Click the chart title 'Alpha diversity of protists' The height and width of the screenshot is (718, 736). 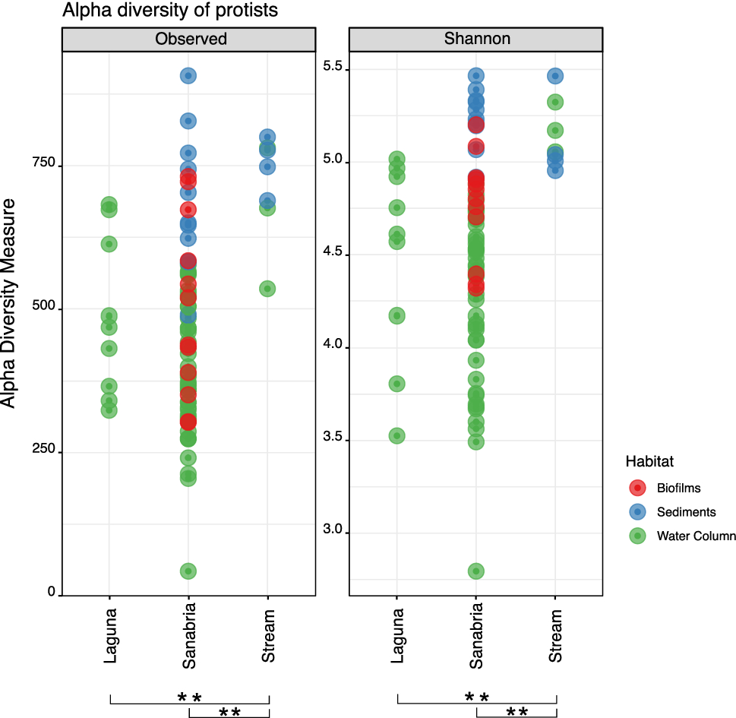[170, 11]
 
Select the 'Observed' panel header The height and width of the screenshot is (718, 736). [189, 40]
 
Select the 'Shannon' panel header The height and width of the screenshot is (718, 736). [476, 40]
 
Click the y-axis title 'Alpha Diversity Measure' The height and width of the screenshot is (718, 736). [10, 303]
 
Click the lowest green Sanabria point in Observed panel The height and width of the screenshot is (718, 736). [188, 571]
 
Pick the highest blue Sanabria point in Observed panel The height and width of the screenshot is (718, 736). [188, 75]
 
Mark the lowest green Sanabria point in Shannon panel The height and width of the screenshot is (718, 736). [476, 571]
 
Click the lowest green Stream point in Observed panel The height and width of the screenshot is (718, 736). [267, 289]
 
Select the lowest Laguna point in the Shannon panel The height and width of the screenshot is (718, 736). [396, 435]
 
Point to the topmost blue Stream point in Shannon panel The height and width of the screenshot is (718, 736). [555, 76]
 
